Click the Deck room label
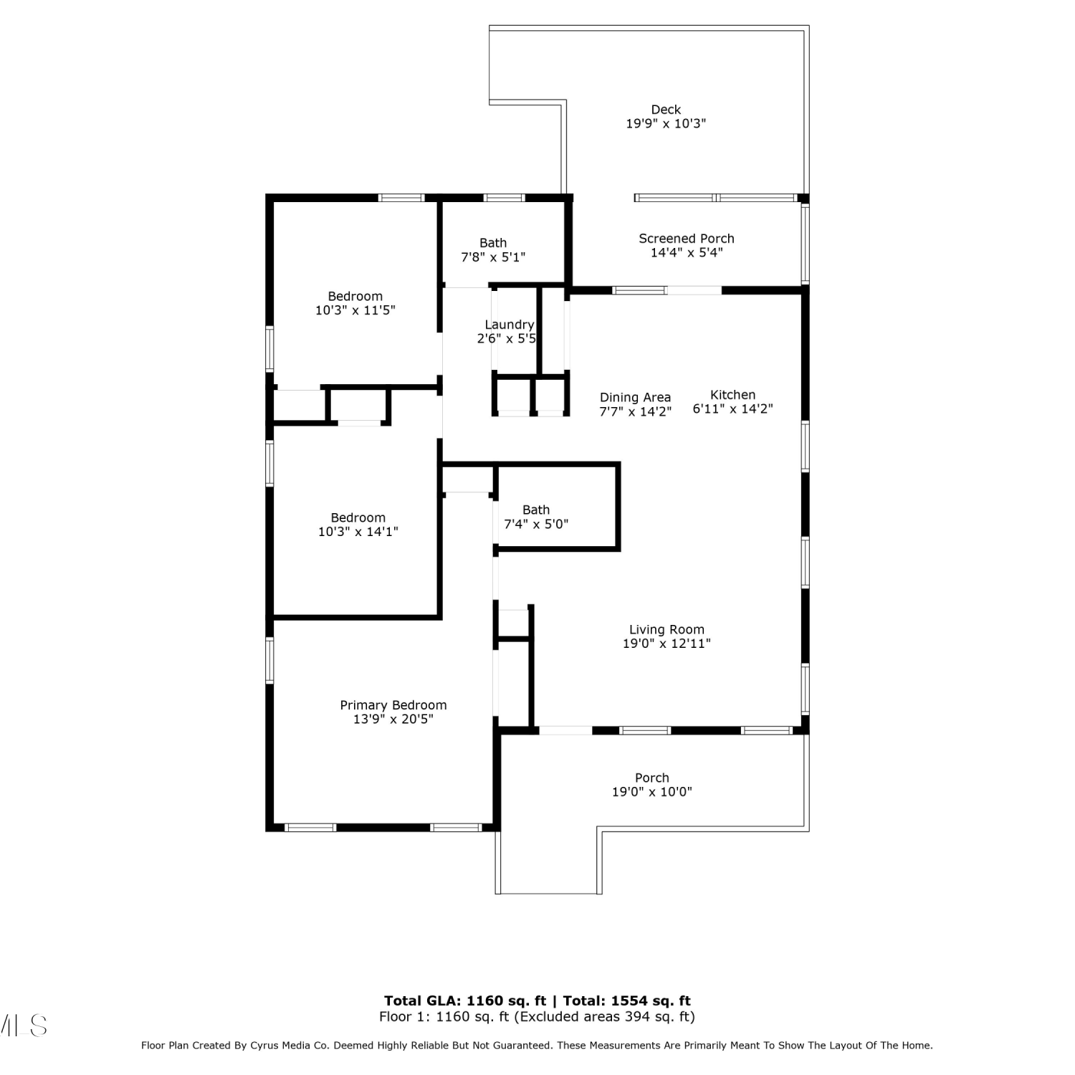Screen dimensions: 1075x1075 point(666,110)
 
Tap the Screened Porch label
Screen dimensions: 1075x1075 point(687,239)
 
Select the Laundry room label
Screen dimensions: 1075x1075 point(510,325)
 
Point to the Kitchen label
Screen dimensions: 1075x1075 point(732,395)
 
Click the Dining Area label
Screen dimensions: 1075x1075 point(635,398)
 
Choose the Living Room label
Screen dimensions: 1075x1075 point(666,630)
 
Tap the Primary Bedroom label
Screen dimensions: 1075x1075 point(393,705)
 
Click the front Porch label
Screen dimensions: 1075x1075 point(652,778)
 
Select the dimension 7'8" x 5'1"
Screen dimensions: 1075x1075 point(493,257)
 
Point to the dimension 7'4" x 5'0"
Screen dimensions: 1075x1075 point(536,524)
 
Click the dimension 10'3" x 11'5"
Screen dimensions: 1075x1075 point(355,310)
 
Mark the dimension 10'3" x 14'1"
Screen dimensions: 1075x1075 point(358,532)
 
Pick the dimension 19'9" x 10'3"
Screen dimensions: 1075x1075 point(666,123)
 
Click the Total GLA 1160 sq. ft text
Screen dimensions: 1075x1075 point(465,1001)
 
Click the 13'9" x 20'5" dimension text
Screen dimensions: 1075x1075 point(393,719)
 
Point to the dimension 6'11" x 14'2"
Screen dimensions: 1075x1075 point(732,409)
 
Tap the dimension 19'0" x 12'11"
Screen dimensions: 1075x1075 point(666,644)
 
